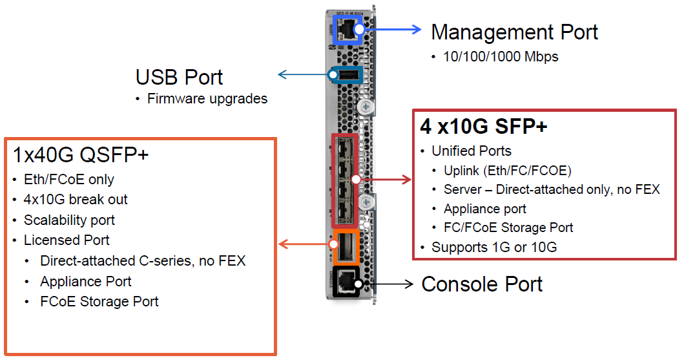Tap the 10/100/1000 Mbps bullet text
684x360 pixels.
501,57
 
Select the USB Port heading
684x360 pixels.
179,77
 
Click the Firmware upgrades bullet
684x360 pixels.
207,99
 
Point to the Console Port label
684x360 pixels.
482,284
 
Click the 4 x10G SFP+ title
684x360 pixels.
483,126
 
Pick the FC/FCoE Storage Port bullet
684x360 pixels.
508,228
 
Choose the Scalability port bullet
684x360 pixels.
69,220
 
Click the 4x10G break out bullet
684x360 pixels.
76,199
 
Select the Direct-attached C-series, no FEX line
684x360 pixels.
143,261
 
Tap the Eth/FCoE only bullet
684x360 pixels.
69,179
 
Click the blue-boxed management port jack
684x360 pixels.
348,30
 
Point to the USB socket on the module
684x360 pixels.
346,76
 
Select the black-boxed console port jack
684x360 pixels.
347,282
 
